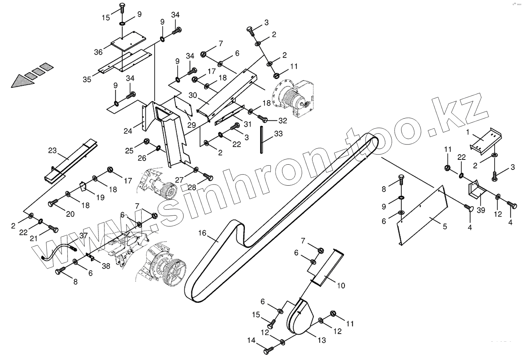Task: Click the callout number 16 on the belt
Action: pos(202,233)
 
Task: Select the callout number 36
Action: pos(98,52)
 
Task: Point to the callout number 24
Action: pos(128,131)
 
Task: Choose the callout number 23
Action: pos(52,151)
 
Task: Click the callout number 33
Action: pos(278,134)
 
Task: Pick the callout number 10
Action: pos(341,286)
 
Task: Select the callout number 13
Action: pos(322,340)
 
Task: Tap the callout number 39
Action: pos(481,210)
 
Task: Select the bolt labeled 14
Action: pos(268,350)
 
